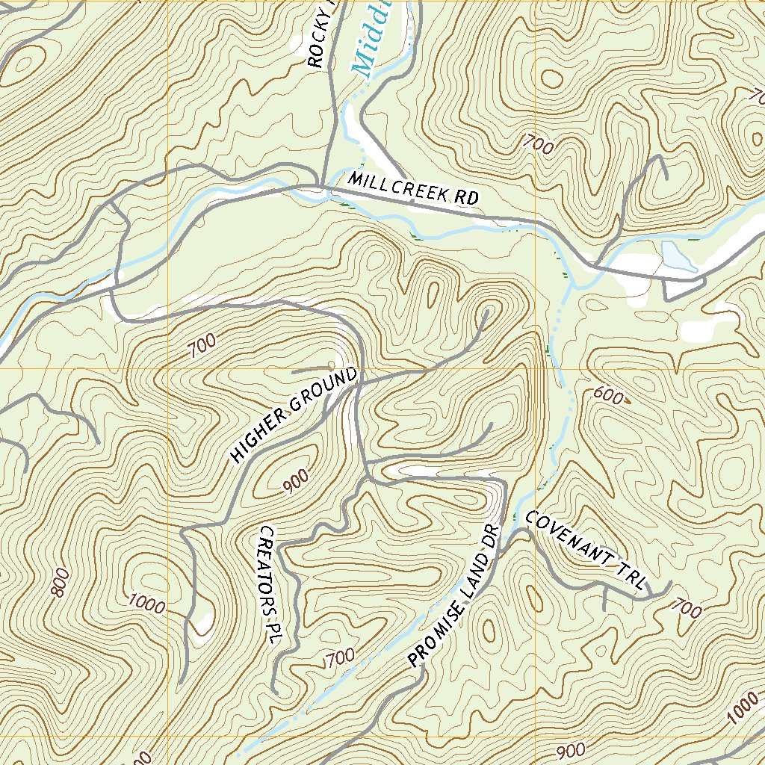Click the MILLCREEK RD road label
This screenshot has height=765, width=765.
click(x=412, y=189)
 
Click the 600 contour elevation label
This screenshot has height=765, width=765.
click(x=608, y=396)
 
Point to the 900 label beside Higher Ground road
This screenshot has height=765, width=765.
click(x=296, y=485)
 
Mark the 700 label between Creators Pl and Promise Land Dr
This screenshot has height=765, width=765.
click(x=339, y=658)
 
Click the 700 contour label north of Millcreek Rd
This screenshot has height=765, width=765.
click(x=539, y=143)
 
